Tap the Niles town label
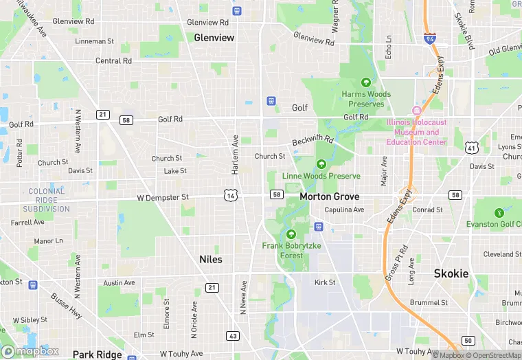click(x=210, y=259)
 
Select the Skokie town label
click(x=451, y=273)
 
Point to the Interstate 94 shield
click(x=429, y=38)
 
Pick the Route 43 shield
click(x=233, y=336)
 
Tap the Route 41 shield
click(x=470, y=147)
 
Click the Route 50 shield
click(x=468, y=341)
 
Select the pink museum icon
click(x=416, y=111)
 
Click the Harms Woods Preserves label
click(x=366, y=99)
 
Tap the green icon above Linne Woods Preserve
click(x=321, y=164)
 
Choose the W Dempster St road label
click(x=163, y=197)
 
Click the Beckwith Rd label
click(x=313, y=140)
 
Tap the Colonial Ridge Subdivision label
click(x=47, y=200)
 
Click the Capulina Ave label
click(x=344, y=210)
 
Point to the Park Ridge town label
click(x=97, y=355)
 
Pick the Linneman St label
click(x=95, y=41)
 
